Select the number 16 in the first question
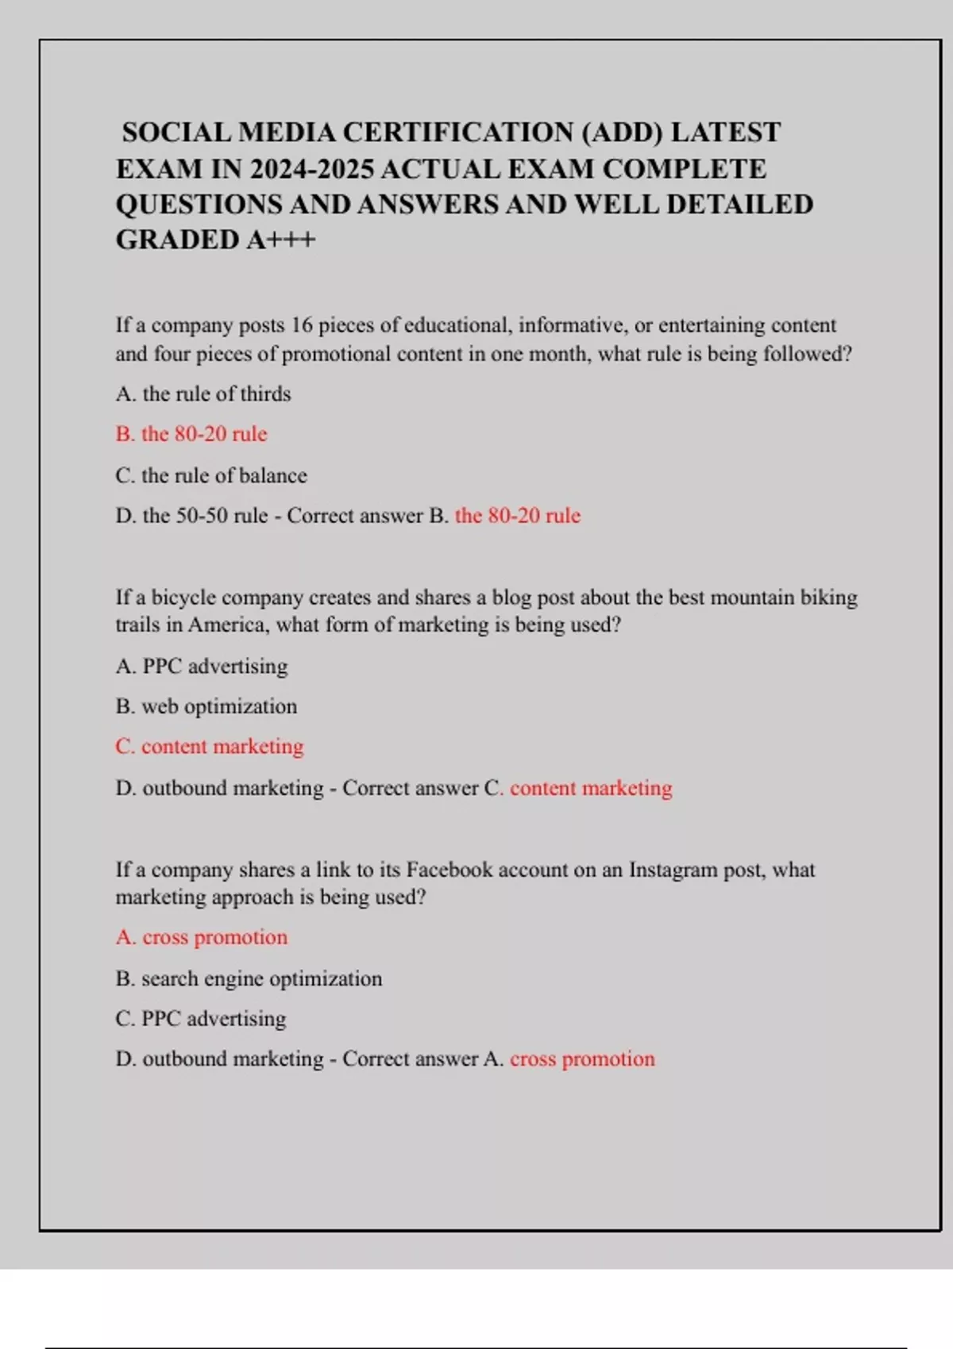(x=303, y=325)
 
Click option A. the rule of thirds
(x=203, y=394)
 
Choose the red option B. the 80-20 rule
(x=191, y=434)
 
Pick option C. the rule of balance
(x=211, y=475)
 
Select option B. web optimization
(x=206, y=706)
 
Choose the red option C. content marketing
(x=210, y=747)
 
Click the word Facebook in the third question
(x=449, y=870)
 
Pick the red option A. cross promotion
(x=202, y=937)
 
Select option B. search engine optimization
(x=249, y=978)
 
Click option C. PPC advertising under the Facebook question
(x=201, y=1019)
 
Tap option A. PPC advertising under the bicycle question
(x=202, y=666)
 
